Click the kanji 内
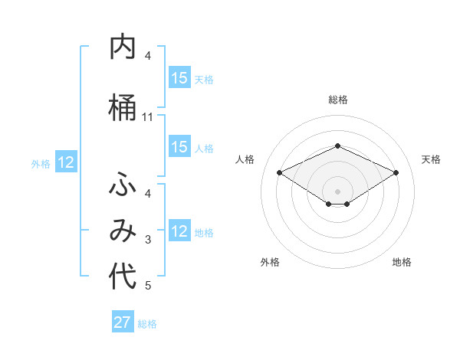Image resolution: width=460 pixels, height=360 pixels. point(123,47)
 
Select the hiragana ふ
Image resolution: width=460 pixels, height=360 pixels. point(123,185)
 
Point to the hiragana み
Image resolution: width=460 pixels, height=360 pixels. point(123,230)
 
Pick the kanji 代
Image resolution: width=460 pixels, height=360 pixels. point(123,276)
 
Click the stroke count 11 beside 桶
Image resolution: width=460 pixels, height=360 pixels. point(148,117)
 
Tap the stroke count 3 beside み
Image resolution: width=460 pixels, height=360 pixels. point(148,241)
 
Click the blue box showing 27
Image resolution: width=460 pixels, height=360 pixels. point(123,322)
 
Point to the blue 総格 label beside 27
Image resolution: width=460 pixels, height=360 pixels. point(147,324)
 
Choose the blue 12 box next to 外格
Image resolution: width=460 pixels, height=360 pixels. point(66,162)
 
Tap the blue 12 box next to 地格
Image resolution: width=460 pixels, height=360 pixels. point(179,231)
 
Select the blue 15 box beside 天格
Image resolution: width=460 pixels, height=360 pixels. point(179,78)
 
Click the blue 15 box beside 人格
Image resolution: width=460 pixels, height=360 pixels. point(179,147)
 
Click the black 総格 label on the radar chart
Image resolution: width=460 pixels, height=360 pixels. point(337,100)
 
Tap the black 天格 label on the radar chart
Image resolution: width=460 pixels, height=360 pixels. point(432,159)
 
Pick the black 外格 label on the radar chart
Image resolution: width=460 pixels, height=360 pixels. point(270,262)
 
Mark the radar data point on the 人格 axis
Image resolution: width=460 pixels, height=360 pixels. point(279,172)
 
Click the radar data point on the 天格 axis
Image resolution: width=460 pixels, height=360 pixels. point(396,172)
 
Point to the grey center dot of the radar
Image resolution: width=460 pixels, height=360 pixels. point(337,191)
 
